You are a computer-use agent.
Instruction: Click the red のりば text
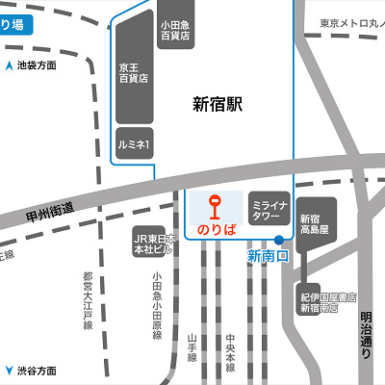(x=216, y=229)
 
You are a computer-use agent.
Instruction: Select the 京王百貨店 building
(x=134, y=72)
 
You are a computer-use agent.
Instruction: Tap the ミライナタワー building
(x=266, y=212)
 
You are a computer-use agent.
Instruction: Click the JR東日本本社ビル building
(x=153, y=244)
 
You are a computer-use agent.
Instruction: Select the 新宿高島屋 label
(x=315, y=225)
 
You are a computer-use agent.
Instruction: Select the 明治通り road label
(x=366, y=334)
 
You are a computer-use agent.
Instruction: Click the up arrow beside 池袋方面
(x=9, y=66)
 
